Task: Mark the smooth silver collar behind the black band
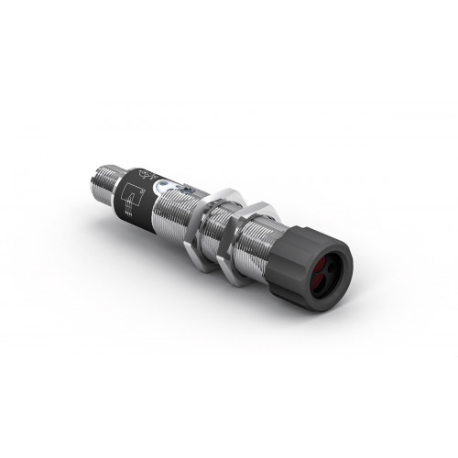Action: click(116, 177)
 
